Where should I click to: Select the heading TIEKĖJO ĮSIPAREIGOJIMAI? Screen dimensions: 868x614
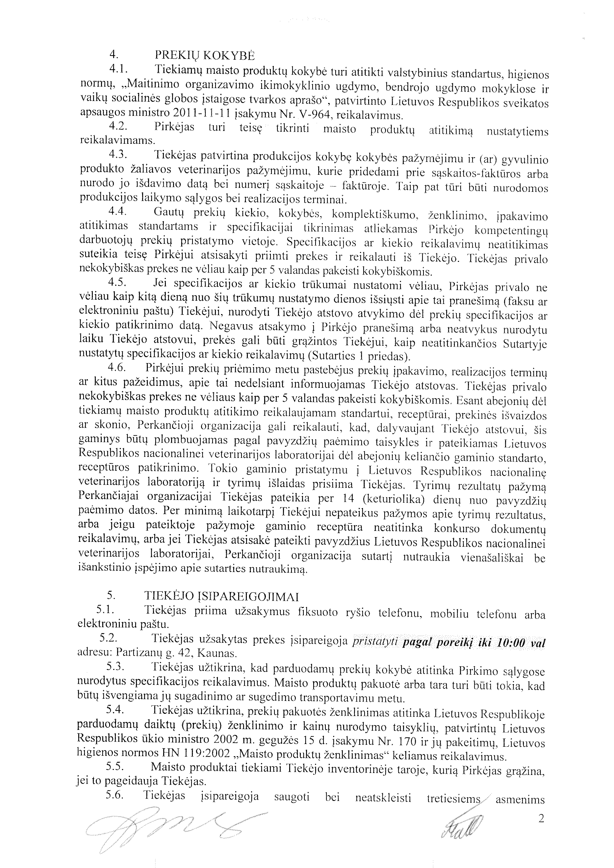[x=222, y=596]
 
